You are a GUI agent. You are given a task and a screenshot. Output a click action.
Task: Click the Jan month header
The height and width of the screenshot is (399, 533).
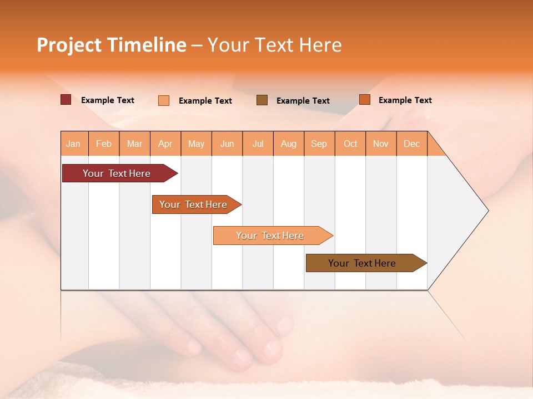pos(73,144)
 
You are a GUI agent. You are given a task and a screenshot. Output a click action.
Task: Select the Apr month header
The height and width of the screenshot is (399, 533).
pos(165,144)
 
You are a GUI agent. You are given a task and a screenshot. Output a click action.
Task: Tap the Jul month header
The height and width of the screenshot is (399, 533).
pos(258,144)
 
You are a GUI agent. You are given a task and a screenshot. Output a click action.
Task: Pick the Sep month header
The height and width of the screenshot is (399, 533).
pos(319,144)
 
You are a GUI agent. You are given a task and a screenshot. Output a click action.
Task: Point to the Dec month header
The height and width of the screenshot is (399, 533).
pos(411,144)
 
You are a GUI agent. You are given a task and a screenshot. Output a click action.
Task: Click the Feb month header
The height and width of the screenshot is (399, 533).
pos(104,144)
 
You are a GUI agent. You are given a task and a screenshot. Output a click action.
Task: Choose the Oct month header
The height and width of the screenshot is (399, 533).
pos(350,144)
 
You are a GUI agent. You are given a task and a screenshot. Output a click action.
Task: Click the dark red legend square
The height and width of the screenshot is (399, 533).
pos(66,100)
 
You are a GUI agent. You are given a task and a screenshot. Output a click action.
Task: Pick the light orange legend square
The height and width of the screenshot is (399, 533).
pos(164,100)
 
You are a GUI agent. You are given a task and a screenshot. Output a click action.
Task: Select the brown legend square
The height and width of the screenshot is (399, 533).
pos(262,100)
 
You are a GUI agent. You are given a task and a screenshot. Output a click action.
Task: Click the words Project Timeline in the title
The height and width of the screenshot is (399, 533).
pos(112,45)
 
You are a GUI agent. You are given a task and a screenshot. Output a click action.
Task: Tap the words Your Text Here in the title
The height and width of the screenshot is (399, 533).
pos(274,45)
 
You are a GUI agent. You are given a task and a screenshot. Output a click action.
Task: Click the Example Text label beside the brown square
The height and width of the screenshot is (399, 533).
pos(303,101)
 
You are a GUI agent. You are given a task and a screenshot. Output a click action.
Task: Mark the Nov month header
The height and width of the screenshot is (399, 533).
pos(381,144)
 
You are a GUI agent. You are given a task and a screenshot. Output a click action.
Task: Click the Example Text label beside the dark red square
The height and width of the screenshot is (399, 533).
pos(107,100)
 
